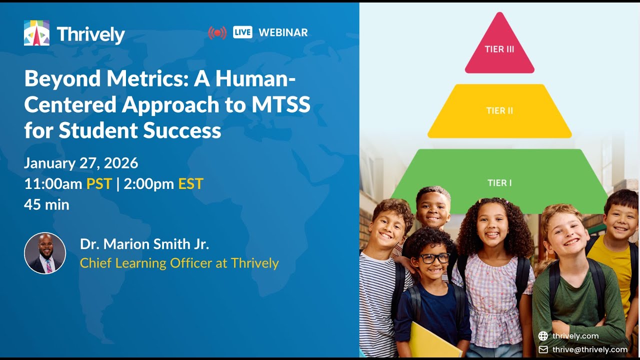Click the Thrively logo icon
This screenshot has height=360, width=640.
point(36,33)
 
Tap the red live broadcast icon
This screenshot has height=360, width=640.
point(217,33)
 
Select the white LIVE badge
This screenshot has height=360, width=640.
point(242,32)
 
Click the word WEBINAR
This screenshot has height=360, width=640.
point(283,32)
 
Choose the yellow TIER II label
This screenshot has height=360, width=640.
point(499,110)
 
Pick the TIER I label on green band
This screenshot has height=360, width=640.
point(499,182)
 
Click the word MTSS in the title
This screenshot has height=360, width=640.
point(280,104)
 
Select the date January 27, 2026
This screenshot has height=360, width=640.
point(81,163)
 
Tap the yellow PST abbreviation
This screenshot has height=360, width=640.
point(98,184)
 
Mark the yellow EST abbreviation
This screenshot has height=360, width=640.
point(190,184)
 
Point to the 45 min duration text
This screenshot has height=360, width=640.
point(46,204)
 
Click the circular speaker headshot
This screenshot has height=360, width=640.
point(45,253)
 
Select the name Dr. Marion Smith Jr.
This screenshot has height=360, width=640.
point(144,244)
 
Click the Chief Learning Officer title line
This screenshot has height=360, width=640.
point(179,263)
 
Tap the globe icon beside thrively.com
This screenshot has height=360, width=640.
point(543,336)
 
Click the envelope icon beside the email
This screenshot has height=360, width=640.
point(543,349)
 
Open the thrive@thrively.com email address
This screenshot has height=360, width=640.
point(590,349)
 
